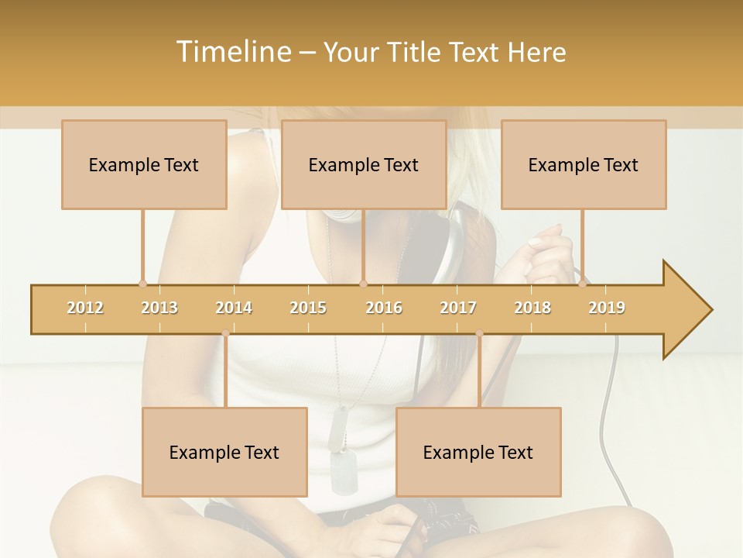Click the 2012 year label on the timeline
tap(85, 308)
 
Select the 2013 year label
tap(159, 308)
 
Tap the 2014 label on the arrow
tap(234, 308)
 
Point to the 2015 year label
tap(308, 308)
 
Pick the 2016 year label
tap(384, 308)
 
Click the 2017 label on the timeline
tap(458, 308)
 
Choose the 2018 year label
tap(532, 308)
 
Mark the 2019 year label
tap(607, 308)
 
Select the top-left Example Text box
tap(144, 164)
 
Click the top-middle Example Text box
tap(364, 164)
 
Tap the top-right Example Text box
tap(584, 164)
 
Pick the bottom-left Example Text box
tap(224, 452)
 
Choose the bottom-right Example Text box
tap(478, 452)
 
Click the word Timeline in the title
tap(231, 52)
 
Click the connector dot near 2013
tap(142, 284)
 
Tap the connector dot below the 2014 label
tap(225, 333)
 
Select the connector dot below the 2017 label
tap(479, 333)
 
